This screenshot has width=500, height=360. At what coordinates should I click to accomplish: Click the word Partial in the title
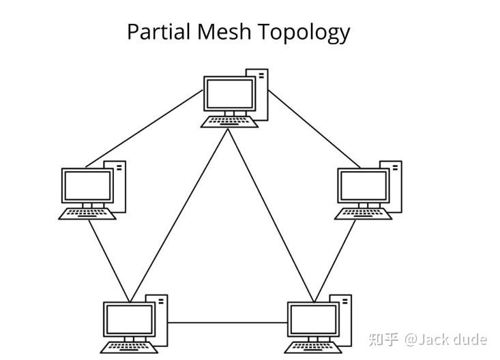tap(158, 32)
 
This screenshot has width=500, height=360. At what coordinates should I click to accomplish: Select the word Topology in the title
tap(309, 32)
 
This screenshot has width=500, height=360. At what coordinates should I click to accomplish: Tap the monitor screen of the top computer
tap(229, 93)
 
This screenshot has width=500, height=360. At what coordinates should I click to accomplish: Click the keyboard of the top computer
tap(230, 122)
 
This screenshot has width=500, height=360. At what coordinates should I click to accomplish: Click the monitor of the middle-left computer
tap(87, 185)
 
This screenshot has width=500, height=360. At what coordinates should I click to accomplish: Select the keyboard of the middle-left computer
tap(87, 213)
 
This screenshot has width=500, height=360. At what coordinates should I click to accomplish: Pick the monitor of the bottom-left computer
tap(129, 319)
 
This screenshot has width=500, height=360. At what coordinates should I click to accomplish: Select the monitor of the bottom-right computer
tap(313, 319)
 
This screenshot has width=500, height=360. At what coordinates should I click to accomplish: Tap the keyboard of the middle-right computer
tap(364, 213)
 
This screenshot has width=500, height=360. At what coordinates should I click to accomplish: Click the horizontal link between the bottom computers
tap(226, 322)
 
